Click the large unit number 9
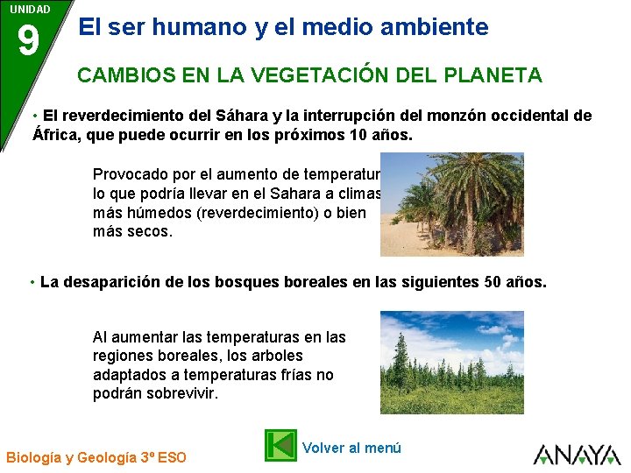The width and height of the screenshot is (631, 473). (28, 41)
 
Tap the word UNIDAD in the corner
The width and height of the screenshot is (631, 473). (30, 9)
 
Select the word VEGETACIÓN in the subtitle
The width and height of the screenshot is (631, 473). (300, 75)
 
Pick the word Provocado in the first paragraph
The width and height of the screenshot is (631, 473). (127, 173)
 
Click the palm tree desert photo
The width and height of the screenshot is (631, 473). (451, 204)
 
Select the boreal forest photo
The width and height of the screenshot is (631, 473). (451, 362)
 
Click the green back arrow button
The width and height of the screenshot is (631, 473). (280, 445)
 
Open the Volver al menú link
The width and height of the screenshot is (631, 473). (351, 448)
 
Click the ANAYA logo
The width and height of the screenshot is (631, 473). (577, 454)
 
